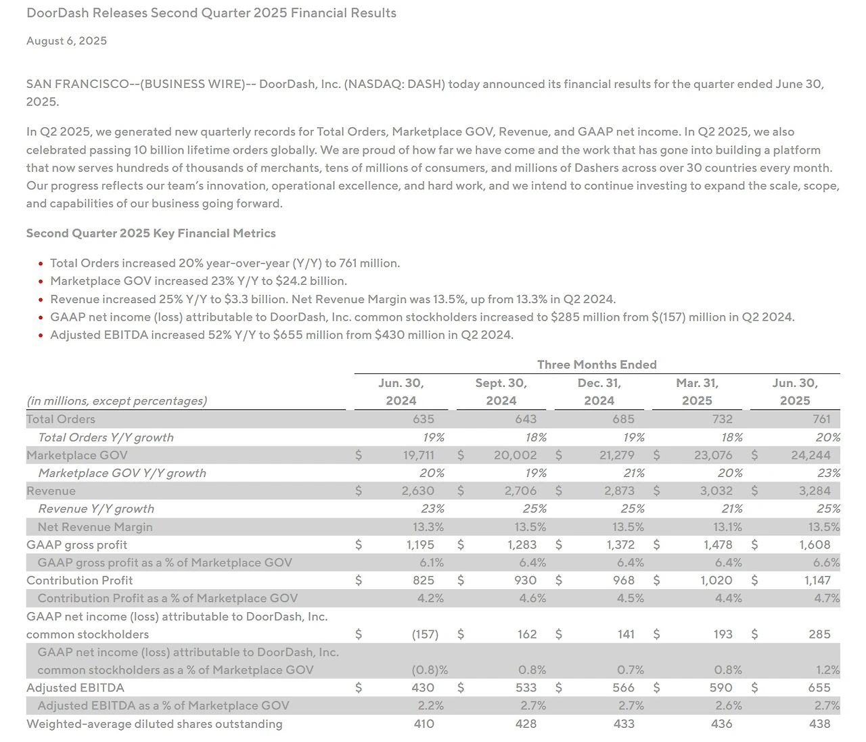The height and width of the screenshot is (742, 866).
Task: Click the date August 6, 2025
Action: click(x=66, y=41)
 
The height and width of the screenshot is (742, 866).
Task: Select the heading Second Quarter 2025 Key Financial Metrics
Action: click(x=151, y=233)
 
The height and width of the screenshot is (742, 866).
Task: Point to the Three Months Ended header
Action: click(x=597, y=365)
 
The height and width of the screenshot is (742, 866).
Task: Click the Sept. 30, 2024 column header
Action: click(x=501, y=392)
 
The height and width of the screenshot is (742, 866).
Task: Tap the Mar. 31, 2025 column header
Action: click(x=697, y=392)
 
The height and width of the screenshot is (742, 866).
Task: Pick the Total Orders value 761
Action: click(x=821, y=419)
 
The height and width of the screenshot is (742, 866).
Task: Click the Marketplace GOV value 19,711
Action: click(x=418, y=455)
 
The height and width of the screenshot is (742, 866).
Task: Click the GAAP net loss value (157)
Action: click(x=425, y=634)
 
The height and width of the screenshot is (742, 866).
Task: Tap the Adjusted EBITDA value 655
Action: click(x=819, y=688)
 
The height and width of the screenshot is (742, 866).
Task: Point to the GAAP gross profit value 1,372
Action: click(x=620, y=544)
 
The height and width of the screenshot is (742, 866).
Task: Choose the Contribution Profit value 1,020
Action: click(x=716, y=580)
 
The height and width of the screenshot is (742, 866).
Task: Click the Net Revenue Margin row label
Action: click(x=95, y=527)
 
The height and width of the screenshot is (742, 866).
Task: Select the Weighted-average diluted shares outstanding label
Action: click(x=154, y=724)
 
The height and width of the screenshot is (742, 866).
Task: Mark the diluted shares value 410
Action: click(x=424, y=724)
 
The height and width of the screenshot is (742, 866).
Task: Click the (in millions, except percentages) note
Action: click(x=116, y=400)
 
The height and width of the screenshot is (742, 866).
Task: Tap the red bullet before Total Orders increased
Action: click(x=41, y=264)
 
